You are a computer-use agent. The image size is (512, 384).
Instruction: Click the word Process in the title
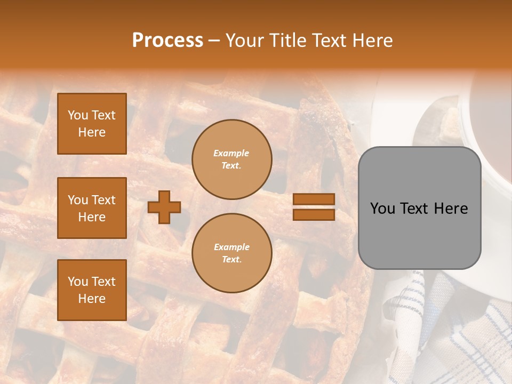(x=167, y=40)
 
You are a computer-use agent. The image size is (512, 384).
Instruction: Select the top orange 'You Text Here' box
(x=92, y=124)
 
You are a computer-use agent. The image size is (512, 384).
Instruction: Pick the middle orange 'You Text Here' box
(x=92, y=208)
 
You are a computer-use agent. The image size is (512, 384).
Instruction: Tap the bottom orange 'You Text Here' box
(x=92, y=290)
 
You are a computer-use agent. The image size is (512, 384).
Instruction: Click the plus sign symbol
(x=164, y=207)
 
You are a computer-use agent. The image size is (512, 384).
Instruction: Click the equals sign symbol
(x=314, y=207)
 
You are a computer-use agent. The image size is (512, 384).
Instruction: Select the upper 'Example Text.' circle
(x=232, y=159)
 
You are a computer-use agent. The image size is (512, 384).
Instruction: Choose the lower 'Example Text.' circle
(x=232, y=253)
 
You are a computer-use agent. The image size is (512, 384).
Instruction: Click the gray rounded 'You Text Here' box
(x=419, y=208)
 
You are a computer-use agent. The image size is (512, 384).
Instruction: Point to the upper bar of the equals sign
(x=314, y=199)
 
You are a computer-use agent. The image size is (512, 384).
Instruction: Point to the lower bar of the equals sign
(x=314, y=214)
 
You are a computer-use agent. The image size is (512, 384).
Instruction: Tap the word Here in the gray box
(x=451, y=209)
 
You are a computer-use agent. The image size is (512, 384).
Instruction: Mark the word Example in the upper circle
(x=231, y=153)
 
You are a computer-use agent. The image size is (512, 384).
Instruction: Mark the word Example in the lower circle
(x=231, y=247)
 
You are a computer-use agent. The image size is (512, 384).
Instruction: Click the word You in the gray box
(x=382, y=209)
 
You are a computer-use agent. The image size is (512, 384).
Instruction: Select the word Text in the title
(x=327, y=41)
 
